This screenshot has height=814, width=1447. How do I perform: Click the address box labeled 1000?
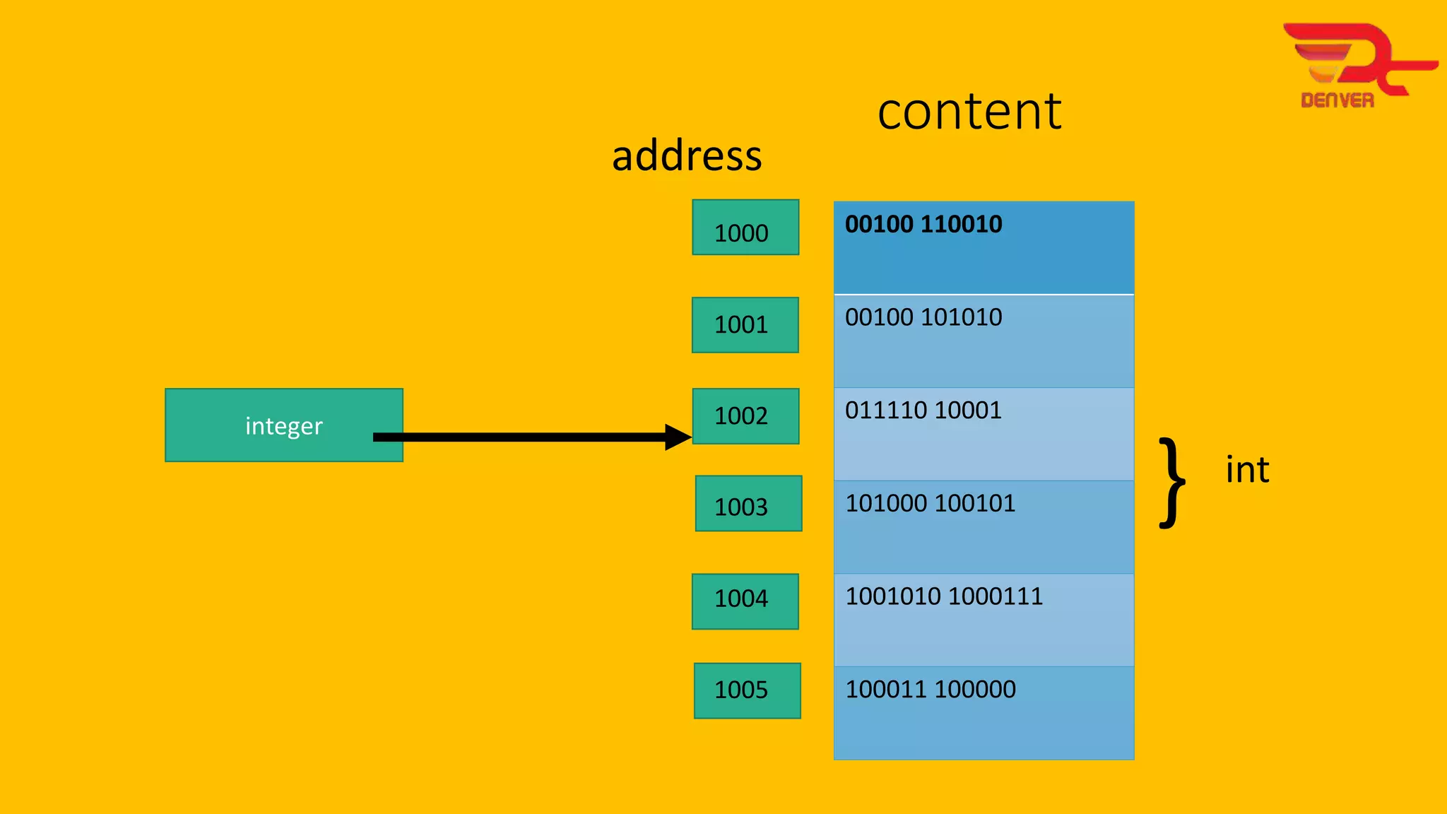tap(745, 228)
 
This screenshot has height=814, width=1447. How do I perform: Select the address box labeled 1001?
tap(745, 325)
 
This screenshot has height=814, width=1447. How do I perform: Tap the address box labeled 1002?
tap(745, 415)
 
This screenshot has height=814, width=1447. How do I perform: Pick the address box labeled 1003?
tap(748, 504)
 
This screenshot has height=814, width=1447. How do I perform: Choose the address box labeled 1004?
tap(745, 601)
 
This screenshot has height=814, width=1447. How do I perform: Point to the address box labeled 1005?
tap(747, 690)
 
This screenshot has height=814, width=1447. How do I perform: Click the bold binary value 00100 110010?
tap(923, 225)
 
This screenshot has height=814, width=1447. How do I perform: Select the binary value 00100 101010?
tap(923, 317)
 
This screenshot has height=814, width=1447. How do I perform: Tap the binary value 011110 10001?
tap(923, 411)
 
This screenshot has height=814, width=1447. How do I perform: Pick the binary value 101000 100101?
tap(930, 503)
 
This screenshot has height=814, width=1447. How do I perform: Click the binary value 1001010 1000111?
tap(943, 596)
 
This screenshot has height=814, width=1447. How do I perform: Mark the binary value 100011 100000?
tap(930, 689)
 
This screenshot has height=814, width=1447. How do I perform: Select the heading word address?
tap(686, 156)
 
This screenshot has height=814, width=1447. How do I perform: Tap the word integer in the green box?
tap(283, 426)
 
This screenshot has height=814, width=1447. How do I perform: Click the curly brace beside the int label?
tap(1172, 483)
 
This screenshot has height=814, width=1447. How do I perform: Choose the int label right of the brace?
tap(1247, 471)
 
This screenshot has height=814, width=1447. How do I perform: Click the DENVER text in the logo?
tap(1337, 100)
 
